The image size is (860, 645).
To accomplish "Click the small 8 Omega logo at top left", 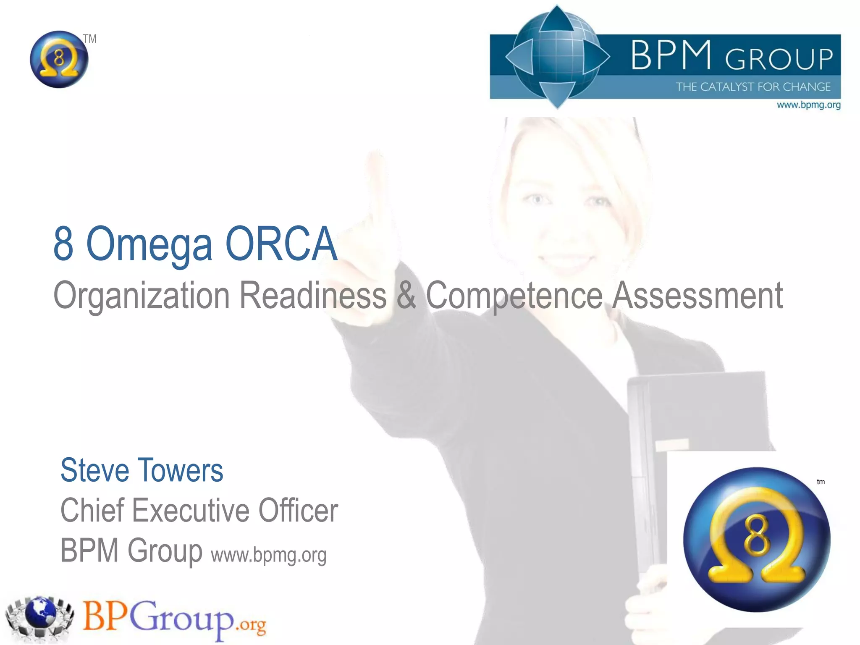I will pos(59,59).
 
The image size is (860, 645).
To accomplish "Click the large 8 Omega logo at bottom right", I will pos(757,540).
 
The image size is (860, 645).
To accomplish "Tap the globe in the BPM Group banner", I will pos(558,57).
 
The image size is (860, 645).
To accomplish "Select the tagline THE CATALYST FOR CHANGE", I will pos(753,87).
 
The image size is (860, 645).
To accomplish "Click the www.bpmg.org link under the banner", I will pos(808,105).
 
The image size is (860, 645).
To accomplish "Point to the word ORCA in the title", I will pos(281,244).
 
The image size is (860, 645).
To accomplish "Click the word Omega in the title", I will pos(149,245).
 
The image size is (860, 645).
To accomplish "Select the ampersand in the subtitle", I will pos(406,295).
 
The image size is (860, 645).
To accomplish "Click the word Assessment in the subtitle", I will pos(697,296).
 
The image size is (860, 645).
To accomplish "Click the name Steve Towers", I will pos(142,470).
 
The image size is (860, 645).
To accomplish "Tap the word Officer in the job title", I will pos(298,510).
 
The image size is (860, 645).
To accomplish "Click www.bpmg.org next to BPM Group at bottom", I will pos(269,555).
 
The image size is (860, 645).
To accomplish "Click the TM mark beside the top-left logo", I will pos(89,39).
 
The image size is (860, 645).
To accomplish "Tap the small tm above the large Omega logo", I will pos(821,482).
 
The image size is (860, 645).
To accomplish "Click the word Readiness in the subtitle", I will pos(313,296).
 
